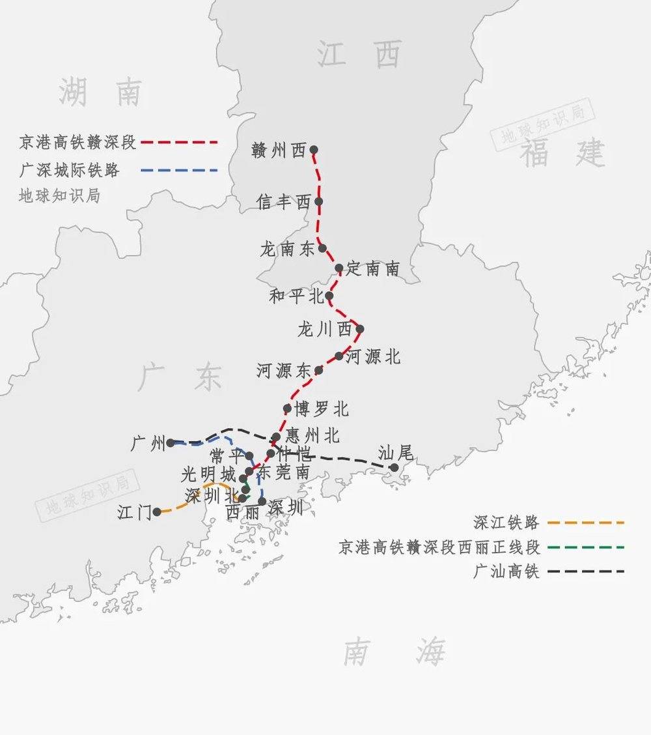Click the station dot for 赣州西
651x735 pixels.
[x=314, y=149]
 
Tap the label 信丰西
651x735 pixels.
[x=284, y=202]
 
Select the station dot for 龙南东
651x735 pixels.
[x=322, y=248]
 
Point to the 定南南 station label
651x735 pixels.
[x=373, y=268]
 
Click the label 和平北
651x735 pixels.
[x=296, y=296]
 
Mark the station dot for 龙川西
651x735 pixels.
[x=359, y=328]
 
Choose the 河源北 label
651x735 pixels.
[x=373, y=356]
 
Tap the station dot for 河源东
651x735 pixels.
[x=318, y=370]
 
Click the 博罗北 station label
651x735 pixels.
[x=322, y=409]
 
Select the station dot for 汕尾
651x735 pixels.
[x=394, y=467]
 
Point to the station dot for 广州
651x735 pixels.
[x=170, y=442]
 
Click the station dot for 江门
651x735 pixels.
[x=157, y=512]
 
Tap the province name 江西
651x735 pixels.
[x=359, y=54]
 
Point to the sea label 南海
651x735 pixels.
[x=395, y=651]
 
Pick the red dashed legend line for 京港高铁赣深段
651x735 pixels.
[x=178, y=141]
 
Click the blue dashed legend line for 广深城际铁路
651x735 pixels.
[x=178, y=171]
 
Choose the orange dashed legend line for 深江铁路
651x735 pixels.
[x=586, y=522]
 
